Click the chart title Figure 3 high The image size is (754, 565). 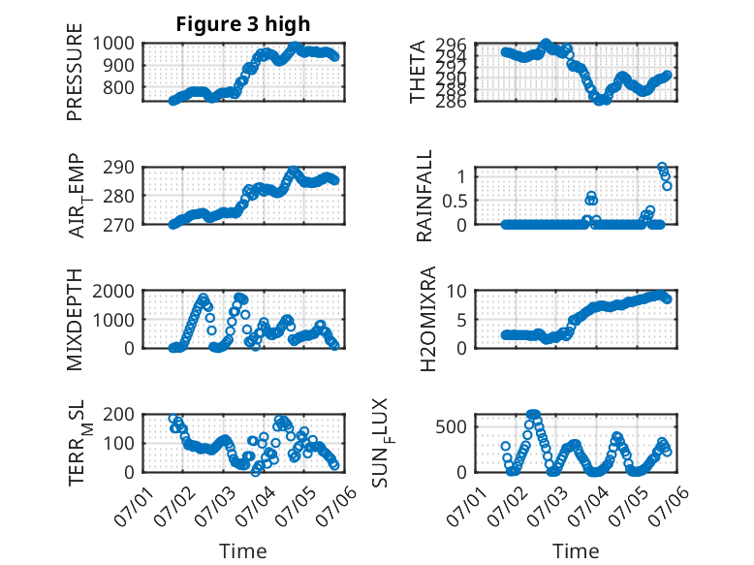(243, 24)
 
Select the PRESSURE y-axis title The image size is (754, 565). (75, 72)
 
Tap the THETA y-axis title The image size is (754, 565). (418, 72)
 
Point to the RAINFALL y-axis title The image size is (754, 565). (424, 196)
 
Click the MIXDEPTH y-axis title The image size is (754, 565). (75, 319)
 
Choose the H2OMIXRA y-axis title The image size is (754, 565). (427, 319)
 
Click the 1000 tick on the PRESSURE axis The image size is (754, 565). (113, 44)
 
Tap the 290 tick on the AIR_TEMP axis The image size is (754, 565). (118, 168)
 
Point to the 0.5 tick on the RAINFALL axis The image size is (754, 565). (455, 201)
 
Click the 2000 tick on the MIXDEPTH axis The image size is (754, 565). (113, 292)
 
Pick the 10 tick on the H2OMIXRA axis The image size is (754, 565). (456, 292)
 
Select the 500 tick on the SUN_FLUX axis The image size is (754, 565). (451, 427)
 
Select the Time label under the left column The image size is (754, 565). (243, 551)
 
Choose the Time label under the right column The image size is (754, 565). (576, 551)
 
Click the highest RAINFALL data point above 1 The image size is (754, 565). (662, 168)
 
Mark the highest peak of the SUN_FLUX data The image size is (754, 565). (533, 414)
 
